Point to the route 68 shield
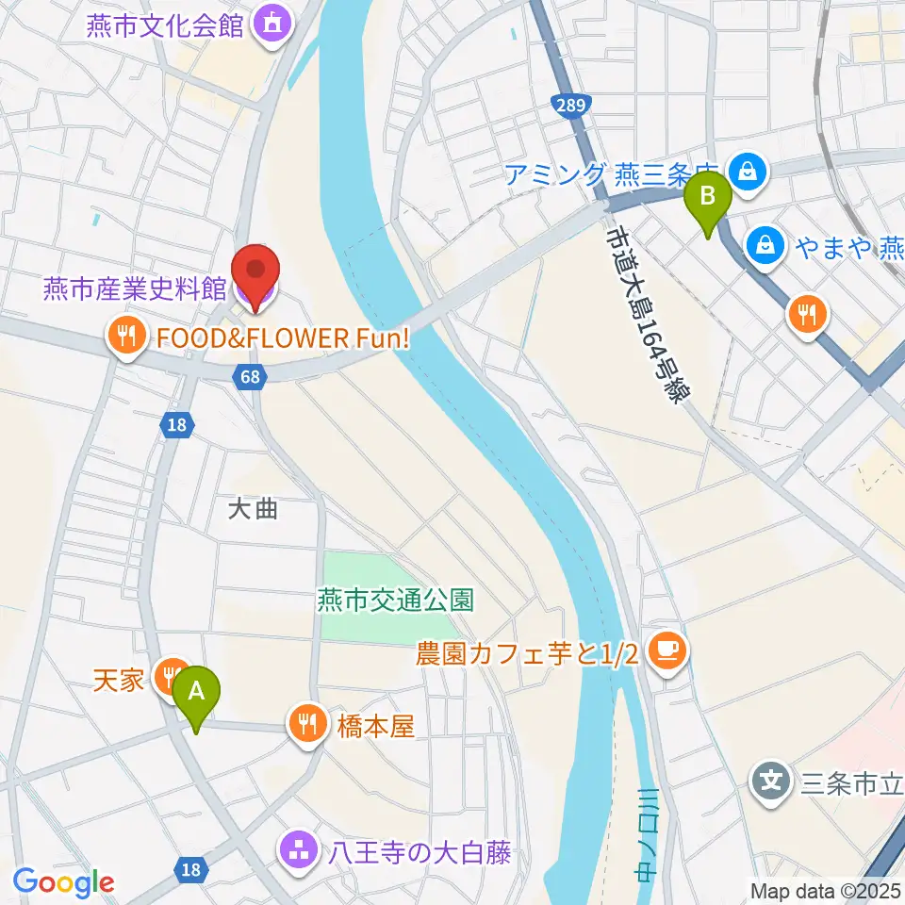pyautogui.click(x=249, y=376)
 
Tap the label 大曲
pyautogui.click(x=254, y=509)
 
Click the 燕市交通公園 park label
pyautogui.click(x=395, y=599)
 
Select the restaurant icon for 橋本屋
pyautogui.click(x=307, y=724)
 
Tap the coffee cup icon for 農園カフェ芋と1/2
pyautogui.click(x=667, y=650)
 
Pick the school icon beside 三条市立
pyautogui.click(x=771, y=781)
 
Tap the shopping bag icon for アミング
pyautogui.click(x=748, y=172)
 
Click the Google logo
pyautogui.click(x=63, y=883)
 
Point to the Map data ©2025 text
pyautogui.click(x=826, y=889)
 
